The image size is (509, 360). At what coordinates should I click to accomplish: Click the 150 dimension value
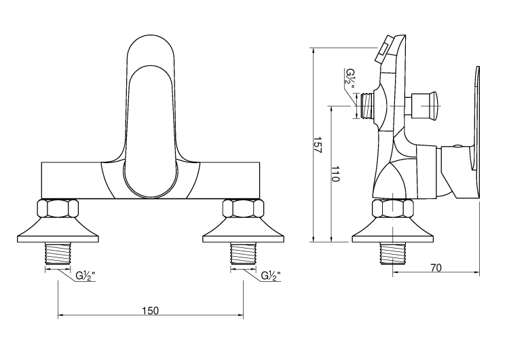point(150,310)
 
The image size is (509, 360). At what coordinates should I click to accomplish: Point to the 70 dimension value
point(436,268)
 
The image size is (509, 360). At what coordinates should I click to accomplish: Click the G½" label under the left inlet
point(85,276)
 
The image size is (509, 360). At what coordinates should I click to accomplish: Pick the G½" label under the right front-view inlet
point(271,276)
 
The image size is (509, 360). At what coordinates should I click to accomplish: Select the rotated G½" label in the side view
point(350,77)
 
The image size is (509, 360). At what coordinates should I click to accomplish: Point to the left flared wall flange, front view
point(58,231)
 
